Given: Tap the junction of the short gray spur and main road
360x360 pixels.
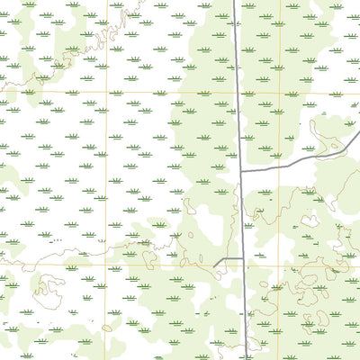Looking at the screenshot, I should tap(244, 259).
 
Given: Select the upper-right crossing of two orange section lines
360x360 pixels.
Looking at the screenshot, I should tap(279, 93).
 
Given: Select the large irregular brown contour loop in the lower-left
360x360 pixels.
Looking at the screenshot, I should tap(49, 290).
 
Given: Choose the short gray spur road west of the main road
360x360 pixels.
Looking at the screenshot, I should tap(229, 259).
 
